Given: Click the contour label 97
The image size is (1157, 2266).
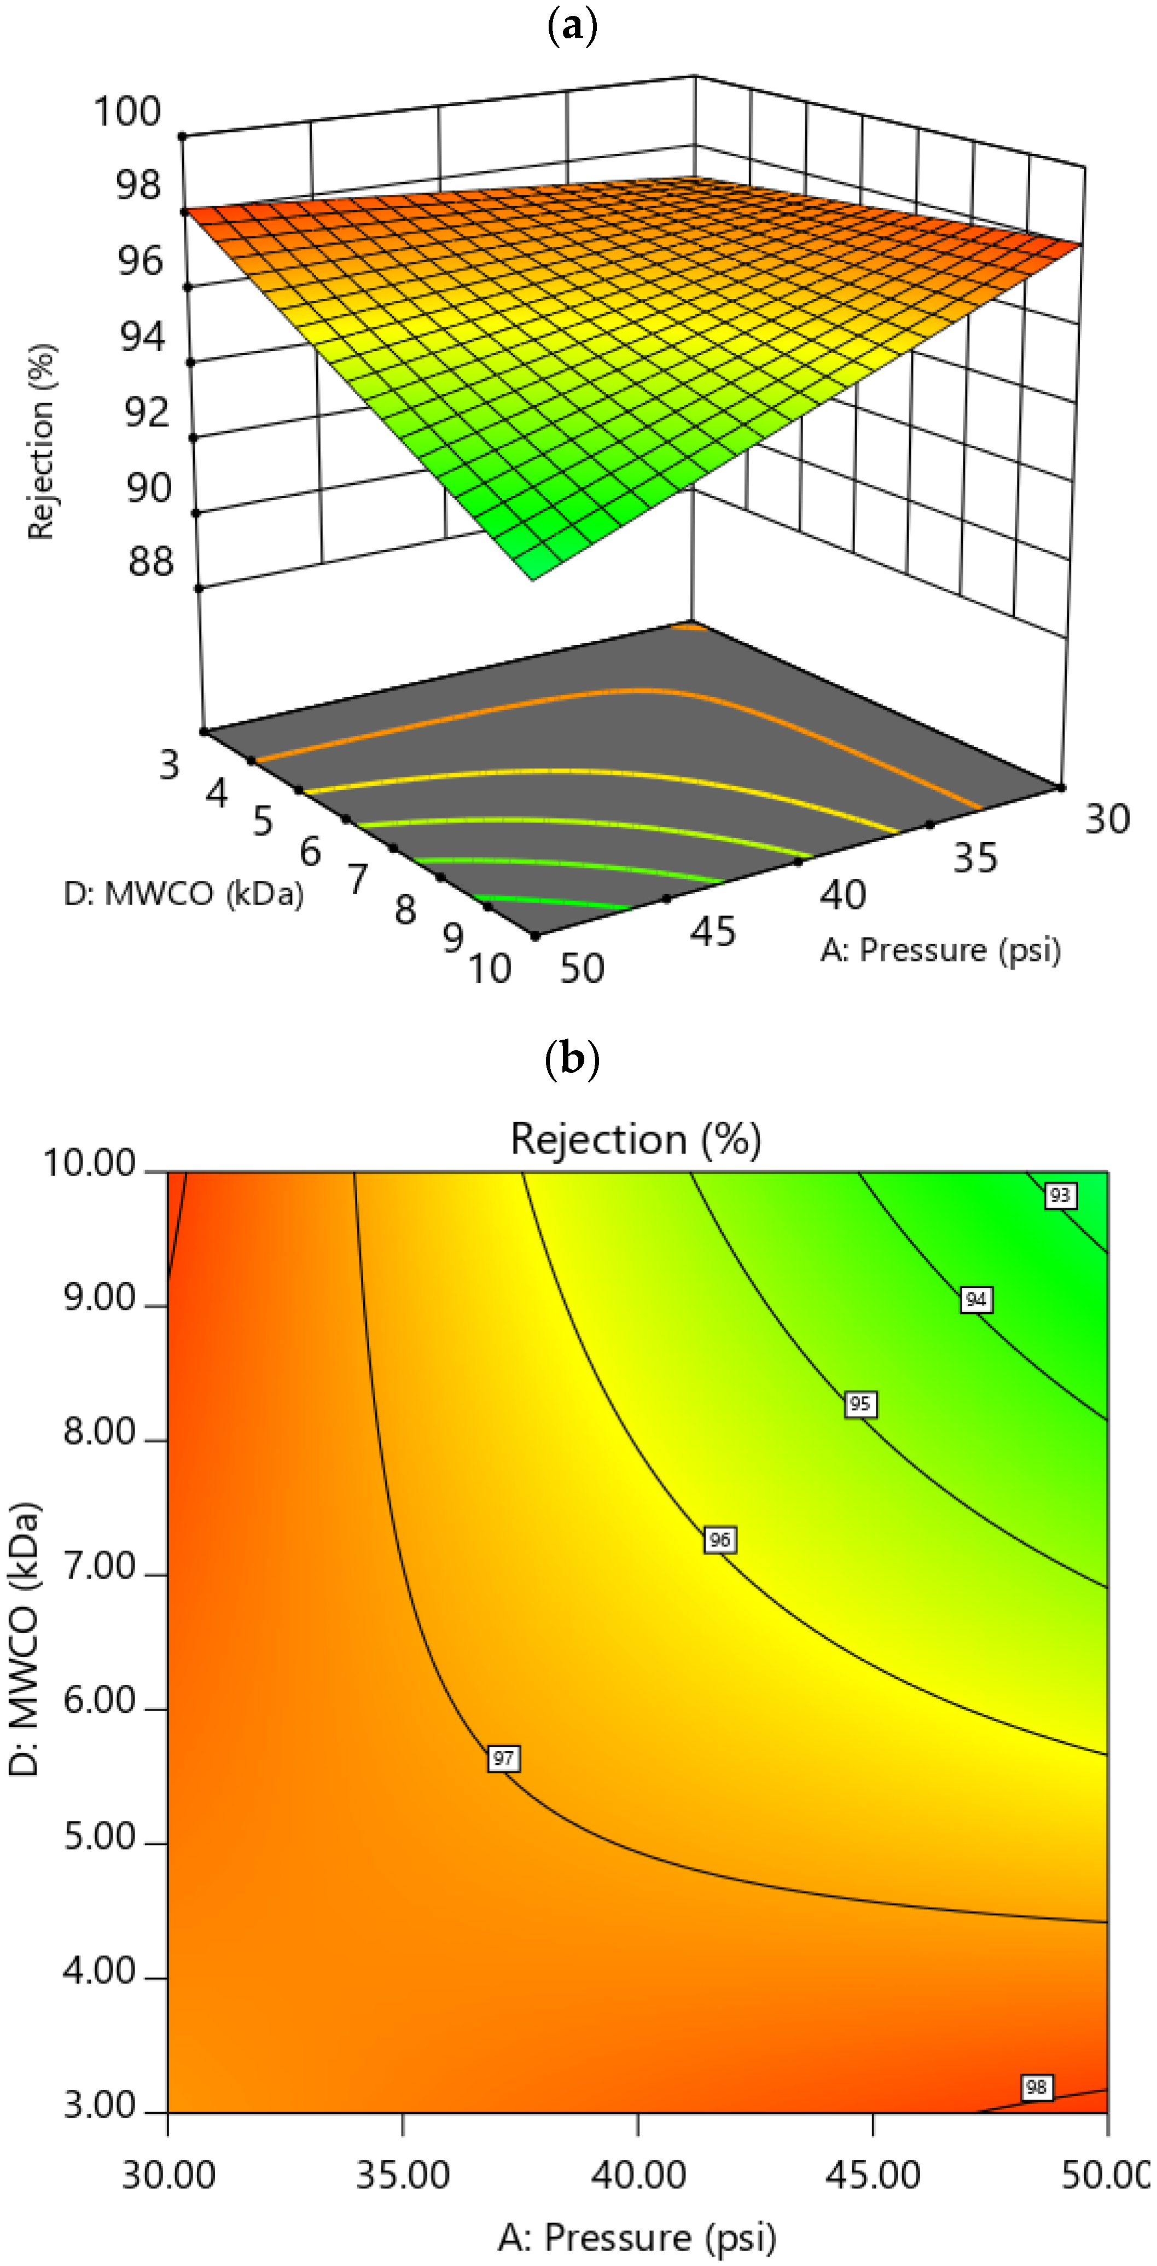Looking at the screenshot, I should pos(503,1758).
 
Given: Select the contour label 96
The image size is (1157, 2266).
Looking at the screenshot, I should pos(719,1539).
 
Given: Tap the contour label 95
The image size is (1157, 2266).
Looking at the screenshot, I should pos(860,1403).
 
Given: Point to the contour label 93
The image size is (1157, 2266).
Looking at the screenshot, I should pos(1060,1195).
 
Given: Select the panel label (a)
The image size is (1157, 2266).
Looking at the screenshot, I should pos(572,26).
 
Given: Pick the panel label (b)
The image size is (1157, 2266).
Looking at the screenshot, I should pos(572,1058).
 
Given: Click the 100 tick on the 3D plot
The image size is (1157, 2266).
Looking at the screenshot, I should pos(127,112).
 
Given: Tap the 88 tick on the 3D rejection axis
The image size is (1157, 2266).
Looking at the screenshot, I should pos(150,561).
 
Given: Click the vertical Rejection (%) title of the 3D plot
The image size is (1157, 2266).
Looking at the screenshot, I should pos(42,441).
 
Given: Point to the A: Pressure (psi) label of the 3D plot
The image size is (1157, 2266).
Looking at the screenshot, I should pos(941,950).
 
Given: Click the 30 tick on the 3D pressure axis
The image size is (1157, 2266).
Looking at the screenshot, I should pos(1107,819).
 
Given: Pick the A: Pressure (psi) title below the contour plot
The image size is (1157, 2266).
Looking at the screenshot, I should pos(637,2237).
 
